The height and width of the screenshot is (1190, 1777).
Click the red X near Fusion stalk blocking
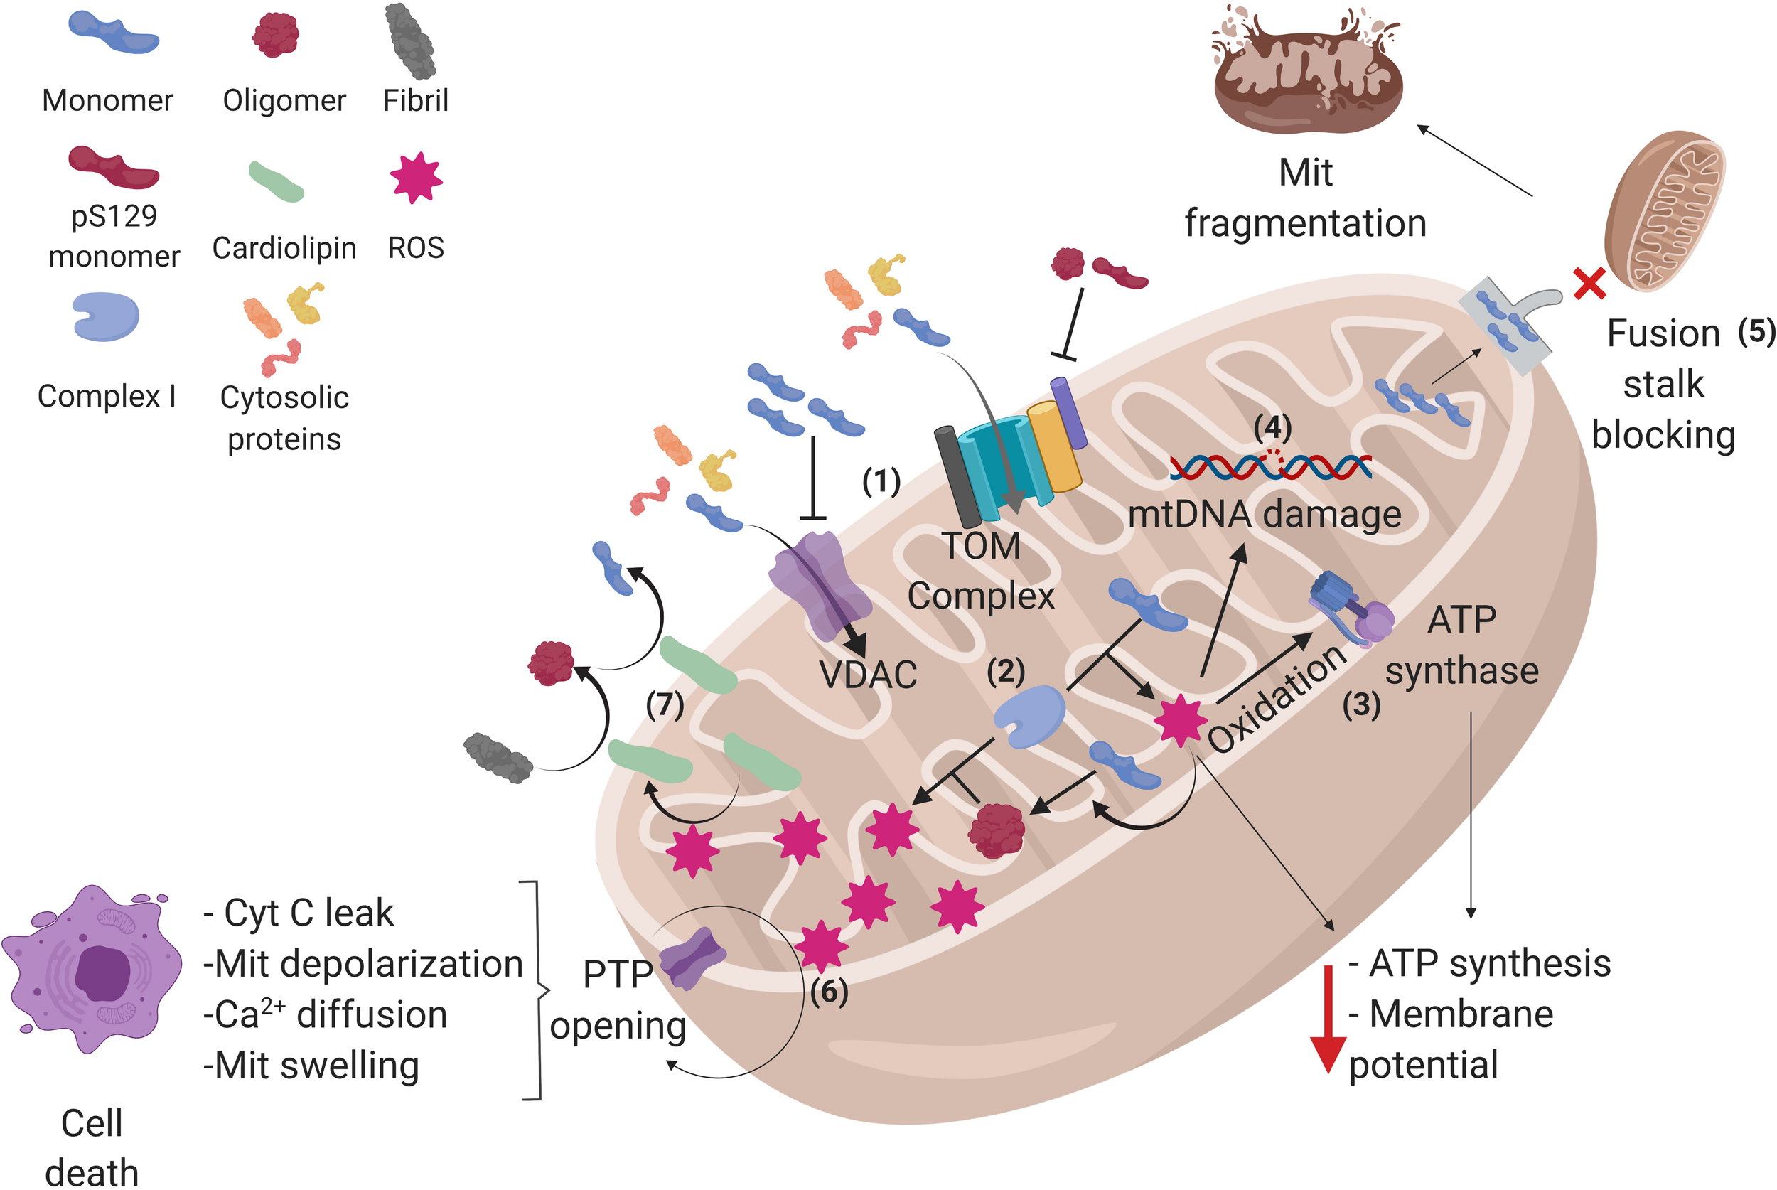pyautogui.click(x=1589, y=283)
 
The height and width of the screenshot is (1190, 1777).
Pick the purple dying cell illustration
pyautogui.click(x=92, y=969)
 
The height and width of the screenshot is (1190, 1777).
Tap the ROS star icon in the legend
pyautogui.click(x=416, y=178)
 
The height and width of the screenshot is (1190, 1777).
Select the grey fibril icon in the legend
pyautogui.click(x=410, y=42)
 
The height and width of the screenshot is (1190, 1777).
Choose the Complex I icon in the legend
pyautogui.click(x=105, y=317)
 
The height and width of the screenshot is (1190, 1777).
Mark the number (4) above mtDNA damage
pyautogui.click(x=1272, y=428)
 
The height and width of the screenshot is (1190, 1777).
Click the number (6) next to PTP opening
pyautogui.click(x=829, y=992)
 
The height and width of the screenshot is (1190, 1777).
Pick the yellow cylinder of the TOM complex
pyautogui.click(x=1054, y=448)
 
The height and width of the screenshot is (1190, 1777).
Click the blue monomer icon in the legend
pyautogui.click(x=113, y=33)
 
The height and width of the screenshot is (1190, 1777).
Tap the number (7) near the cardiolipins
pyautogui.click(x=665, y=704)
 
